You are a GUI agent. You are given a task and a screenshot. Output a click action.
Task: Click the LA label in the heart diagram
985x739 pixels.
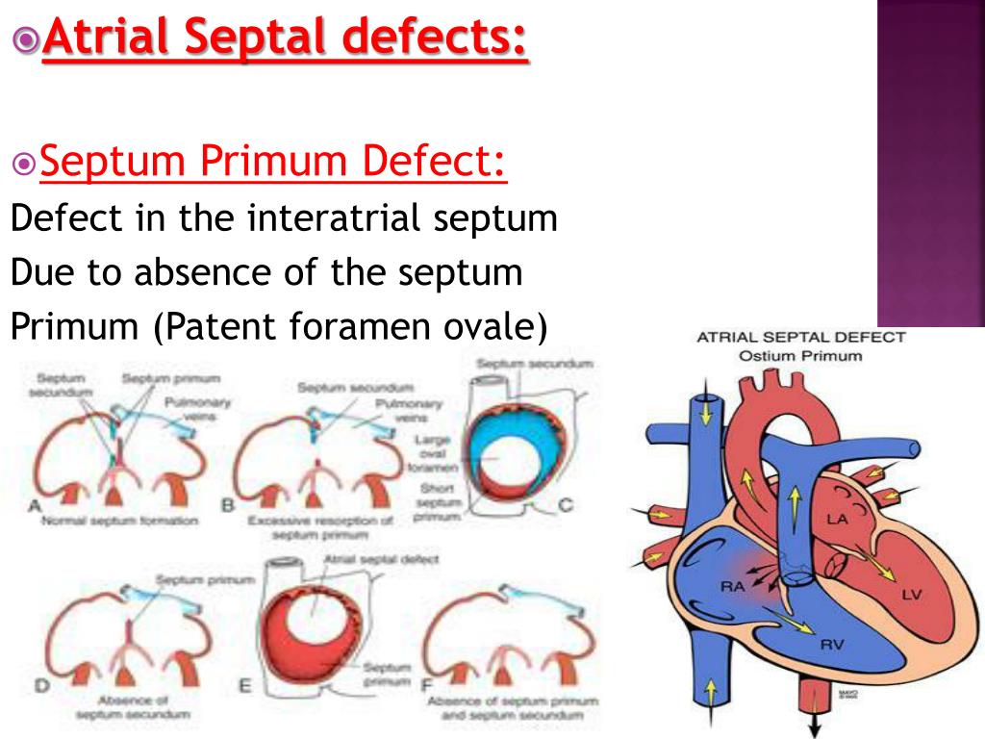click(x=838, y=520)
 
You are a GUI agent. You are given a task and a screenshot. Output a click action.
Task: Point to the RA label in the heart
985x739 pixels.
click(x=732, y=584)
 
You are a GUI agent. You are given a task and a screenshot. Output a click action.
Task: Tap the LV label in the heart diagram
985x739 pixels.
click(x=911, y=595)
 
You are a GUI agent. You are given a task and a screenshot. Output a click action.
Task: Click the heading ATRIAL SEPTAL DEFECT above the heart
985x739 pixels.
click(x=800, y=337)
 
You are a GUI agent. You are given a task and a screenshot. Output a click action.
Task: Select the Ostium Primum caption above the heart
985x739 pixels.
click(x=800, y=355)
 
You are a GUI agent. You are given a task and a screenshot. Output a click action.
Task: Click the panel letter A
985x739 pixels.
click(x=38, y=507)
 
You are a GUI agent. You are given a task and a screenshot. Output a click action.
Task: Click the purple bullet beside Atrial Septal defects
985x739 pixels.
click(x=27, y=38)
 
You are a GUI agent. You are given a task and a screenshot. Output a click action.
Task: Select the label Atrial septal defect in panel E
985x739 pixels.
click(x=382, y=558)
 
